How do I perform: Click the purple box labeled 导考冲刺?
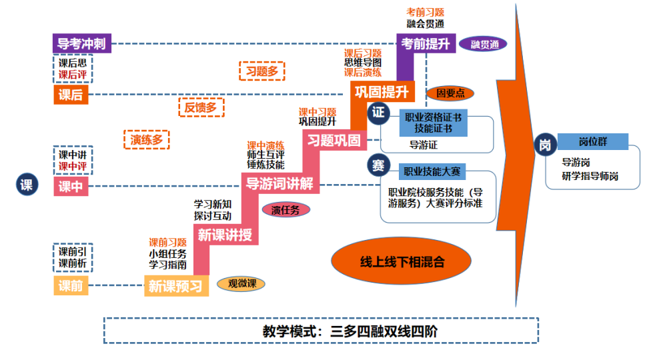(x=83, y=45)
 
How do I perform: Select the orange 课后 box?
(x=71, y=95)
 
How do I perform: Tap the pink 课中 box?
(x=71, y=187)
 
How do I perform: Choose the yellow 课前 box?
(x=71, y=286)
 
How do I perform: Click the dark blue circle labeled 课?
(x=26, y=186)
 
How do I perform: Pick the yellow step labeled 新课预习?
(x=175, y=287)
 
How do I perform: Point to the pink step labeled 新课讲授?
(x=225, y=235)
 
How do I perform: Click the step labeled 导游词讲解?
(x=279, y=183)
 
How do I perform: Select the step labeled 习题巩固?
(x=333, y=141)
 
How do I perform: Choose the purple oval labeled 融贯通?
(x=484, y=45)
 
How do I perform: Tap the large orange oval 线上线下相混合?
(x=398, y=261)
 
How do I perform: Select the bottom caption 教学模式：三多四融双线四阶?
(x=321, y=331)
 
